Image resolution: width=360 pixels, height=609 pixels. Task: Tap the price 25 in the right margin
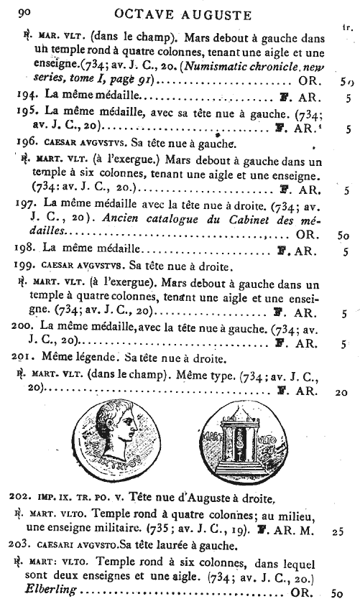[x=339, y=533]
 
